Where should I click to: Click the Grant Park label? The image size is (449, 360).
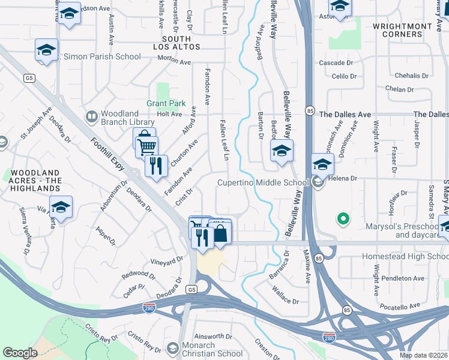pos(166,103)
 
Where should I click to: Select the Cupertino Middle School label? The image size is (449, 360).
pos(263,182)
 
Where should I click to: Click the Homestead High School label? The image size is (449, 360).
pos(405,256)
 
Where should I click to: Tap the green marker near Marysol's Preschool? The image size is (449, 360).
pos(343,219)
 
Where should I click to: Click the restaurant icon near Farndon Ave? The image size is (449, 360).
pos(156,165)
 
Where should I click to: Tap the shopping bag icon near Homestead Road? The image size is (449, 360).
pos(220,233)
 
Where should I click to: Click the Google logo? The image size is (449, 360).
pos(20,353)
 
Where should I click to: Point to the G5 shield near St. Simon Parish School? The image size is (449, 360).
pos(28,78)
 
